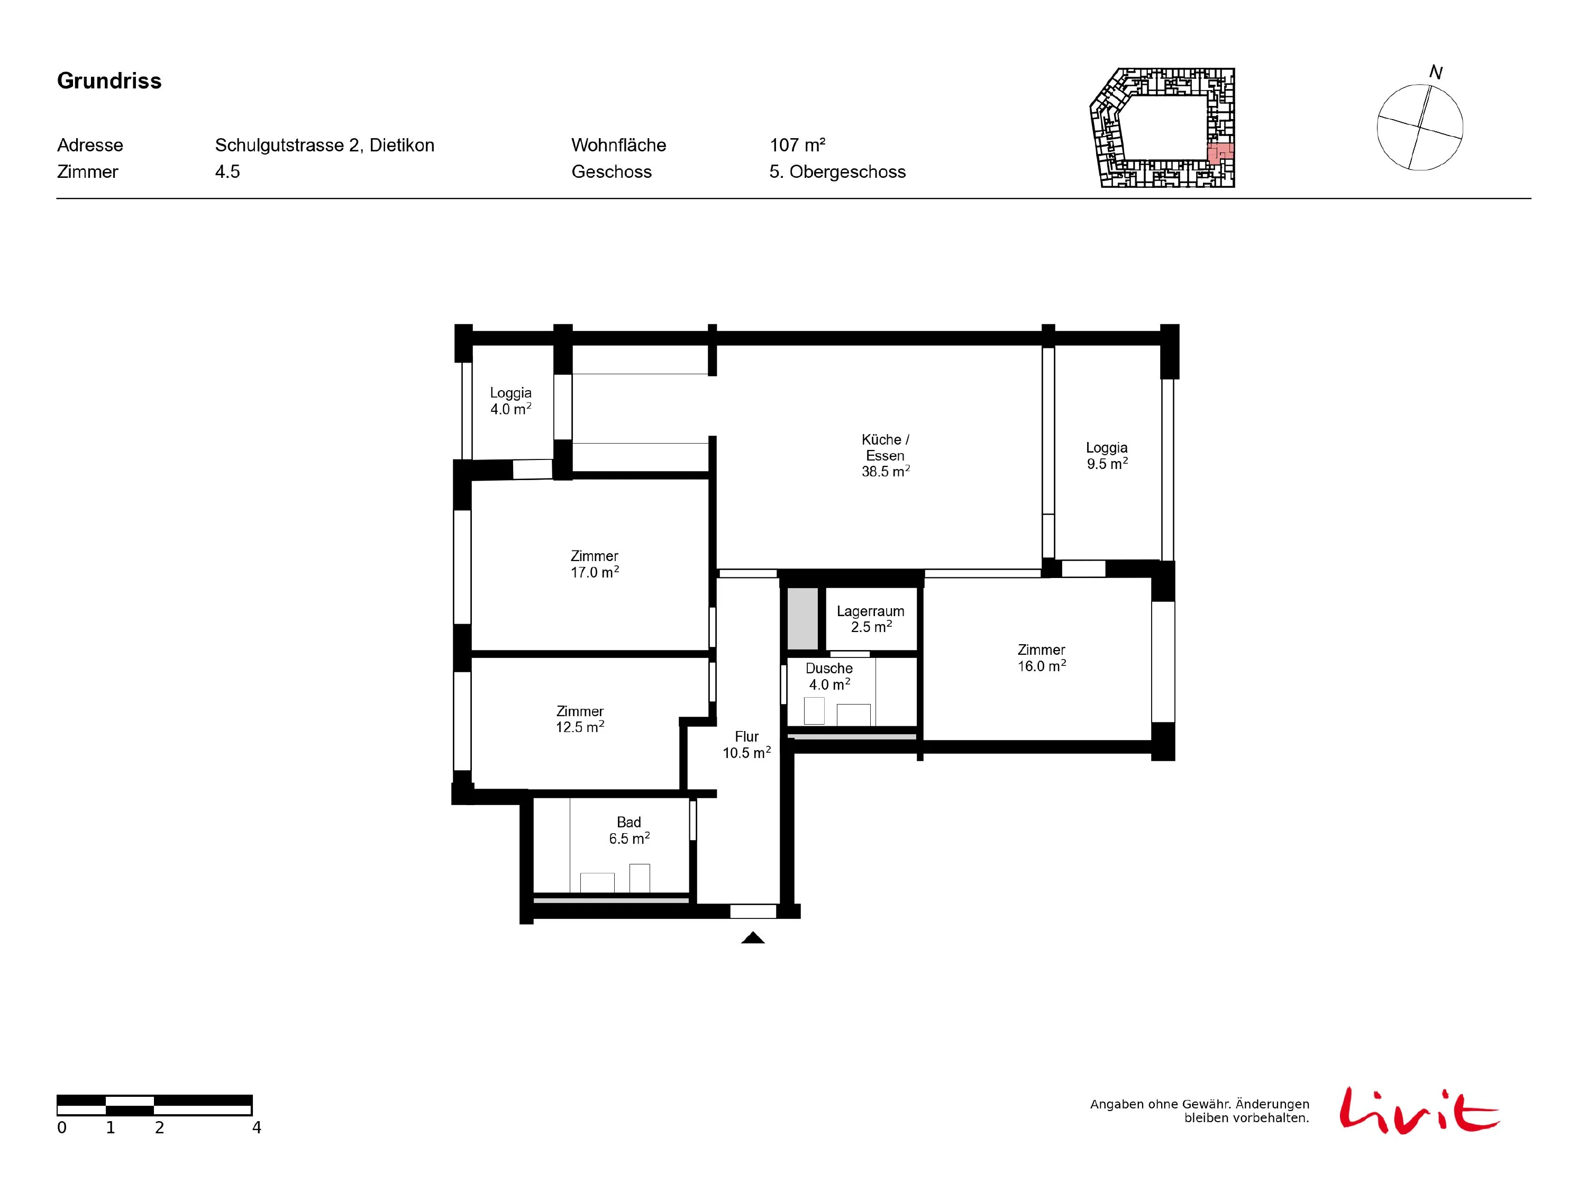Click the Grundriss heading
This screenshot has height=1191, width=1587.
(x=109, y=81)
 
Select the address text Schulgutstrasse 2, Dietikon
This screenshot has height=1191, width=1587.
(x=324, y=145)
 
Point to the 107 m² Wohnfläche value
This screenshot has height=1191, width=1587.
(x=797, y=145)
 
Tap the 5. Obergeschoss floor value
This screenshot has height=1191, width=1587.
(x=837, y=172)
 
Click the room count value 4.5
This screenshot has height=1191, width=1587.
(x=227, y=172)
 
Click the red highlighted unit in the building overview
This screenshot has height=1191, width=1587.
(x=1220, y=152)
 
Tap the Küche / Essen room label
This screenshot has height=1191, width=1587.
(x=886, y=455)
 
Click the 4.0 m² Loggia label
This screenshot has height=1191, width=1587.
(x=511, y=401)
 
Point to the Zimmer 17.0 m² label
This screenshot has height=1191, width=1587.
(x=595, y=564)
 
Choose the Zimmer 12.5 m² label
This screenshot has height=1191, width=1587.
(x=580, y=719)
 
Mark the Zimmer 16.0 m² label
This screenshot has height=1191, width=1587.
(x=1042, y=657)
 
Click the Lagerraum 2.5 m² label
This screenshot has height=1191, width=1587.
(x=870, y=619)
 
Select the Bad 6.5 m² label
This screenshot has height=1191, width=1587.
(x=629, y=831)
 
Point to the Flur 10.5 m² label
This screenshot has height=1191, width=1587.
(x=747, y=744)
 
